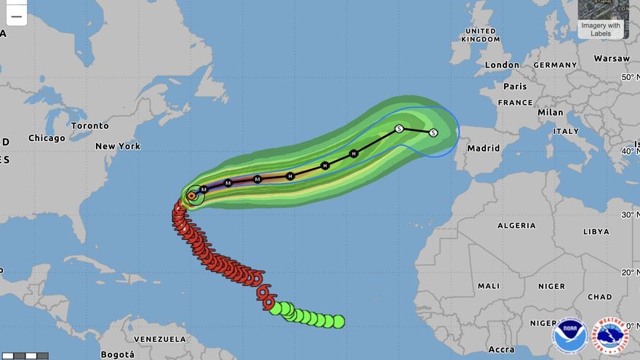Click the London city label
point(502,65)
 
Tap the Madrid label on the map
point(484,148)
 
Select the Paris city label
point(513,86)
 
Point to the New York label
point(118,146)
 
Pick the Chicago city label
point(47,138)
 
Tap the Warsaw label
point(611,58)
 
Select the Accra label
point(502,350)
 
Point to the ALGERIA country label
point(516,225)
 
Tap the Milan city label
point(551,113)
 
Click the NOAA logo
point(569,336)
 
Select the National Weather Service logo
point(610,336)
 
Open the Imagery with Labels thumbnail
point(601,19)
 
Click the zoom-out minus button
point(16,15)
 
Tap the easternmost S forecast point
point(433,132)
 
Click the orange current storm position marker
point(192,195)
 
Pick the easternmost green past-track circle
point(338,321)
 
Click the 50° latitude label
point(626,76)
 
